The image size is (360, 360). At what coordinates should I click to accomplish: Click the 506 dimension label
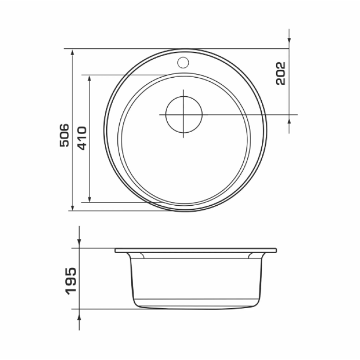coord(64,135)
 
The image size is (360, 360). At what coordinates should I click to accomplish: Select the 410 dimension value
coord(82,138)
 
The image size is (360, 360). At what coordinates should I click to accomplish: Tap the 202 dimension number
coord(281,74)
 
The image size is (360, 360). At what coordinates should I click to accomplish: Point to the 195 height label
coord(71,281)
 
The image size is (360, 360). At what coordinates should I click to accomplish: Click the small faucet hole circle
coord(183,62)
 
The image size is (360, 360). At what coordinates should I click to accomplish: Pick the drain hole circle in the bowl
coord(184,114)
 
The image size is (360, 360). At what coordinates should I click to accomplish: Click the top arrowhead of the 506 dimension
coord(73,52)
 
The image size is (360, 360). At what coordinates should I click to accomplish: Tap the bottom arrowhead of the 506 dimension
coord(73,207)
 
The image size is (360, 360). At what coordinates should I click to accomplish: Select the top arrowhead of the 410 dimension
coord(89,79)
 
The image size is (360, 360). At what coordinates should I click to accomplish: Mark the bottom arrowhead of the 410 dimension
coord(89,199)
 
